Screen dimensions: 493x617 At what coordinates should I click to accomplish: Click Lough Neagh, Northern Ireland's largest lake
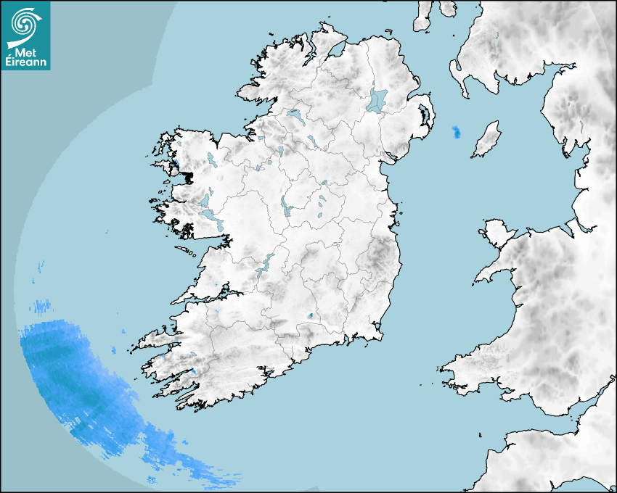click(377, 100)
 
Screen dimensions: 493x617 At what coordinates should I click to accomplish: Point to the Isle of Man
click(487, 140)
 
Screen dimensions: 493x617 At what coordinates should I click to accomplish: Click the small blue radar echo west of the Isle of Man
click(456, 132)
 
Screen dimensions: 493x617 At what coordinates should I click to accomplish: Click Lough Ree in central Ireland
click(285, 208)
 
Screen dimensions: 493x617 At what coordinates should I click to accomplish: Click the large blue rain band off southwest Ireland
click(80, 377)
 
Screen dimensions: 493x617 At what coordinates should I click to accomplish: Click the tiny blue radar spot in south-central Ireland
click(311, 316)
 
